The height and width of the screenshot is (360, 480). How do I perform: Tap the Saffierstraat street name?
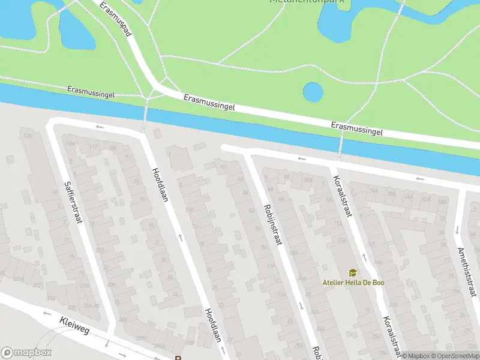click(73, 202)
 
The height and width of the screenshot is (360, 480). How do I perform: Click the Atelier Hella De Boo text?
click(353, 283)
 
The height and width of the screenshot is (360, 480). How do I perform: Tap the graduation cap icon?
click(353, 273)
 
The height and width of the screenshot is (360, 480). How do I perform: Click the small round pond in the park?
click(313, 92)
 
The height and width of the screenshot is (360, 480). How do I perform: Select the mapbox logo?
click(26, 353)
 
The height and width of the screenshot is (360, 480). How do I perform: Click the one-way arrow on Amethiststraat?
click(457, 229)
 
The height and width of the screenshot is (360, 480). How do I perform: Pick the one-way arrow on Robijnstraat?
click(301, 305)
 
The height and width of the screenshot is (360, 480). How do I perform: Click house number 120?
click(27, 136)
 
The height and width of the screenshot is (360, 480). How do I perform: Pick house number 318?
click(51, 298)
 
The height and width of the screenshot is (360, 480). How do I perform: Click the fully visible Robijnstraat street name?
click(272, 224)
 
